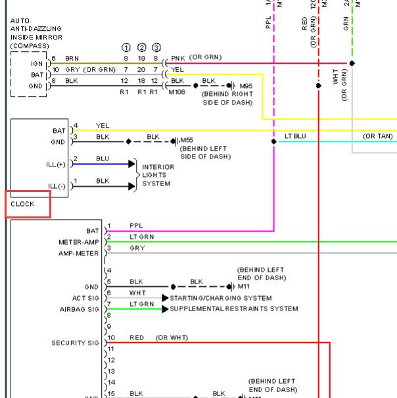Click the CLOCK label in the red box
(x=23, y=205)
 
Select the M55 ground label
(x=187, y=140)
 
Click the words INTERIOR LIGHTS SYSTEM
(x=158, y=175)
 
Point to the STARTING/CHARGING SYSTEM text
(x=221, y=298)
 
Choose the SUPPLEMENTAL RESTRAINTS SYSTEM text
(x=234, y=309)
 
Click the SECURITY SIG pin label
(x=75, y=343)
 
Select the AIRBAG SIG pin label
(x=79, y=309)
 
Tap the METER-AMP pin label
(x=78, y=242)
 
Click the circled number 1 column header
(x=126, y=47)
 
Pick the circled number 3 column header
(x=156, y=47)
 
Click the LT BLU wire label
(x=295, y=136)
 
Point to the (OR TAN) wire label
(x=377, y=136)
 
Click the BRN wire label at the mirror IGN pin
(x=72, y=59)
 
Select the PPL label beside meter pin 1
(x=136, y=226)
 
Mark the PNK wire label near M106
(x=178, y=58)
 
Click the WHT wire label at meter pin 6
(x=137, y=292)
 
